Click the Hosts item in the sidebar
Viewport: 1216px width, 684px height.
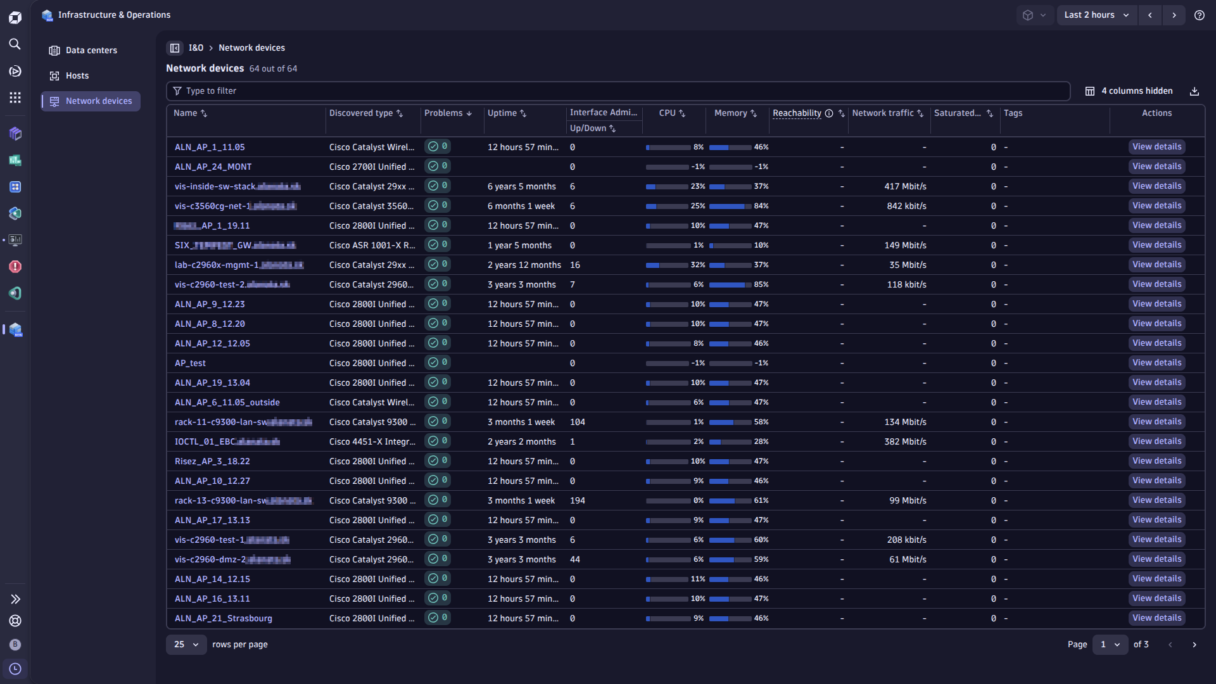click(x=77, y=75)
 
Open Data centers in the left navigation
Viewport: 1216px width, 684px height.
click(x=91, y=50)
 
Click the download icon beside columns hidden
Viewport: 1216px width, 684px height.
click(x=1194, y=91)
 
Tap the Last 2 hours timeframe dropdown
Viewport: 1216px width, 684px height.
click(x=1096, y=15)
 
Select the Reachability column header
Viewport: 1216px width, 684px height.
click(x=797, y=113)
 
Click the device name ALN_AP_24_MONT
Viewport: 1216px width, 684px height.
click(x=213, y=167)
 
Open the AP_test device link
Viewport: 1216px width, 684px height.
click(x=190, y=363)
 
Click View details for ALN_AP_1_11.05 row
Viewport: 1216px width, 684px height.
click(x=1156, y=146)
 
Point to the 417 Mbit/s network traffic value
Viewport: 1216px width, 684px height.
click(x=905, y=186)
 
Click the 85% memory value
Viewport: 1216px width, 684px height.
click(x=761, y=284)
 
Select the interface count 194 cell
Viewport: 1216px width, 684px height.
click(x=577, y=500)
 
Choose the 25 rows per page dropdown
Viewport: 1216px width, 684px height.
click(x=186, y=644)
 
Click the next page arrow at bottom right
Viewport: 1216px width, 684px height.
click(x=1194, y=644)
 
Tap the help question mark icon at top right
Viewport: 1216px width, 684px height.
click(x=1199, y=15)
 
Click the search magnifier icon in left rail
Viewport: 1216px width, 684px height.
click(x=15, y=44)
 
